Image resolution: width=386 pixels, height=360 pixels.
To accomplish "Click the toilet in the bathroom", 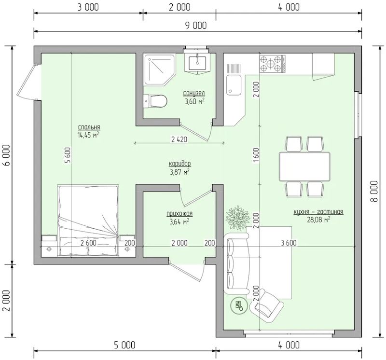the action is pyautogui.click(x=155, y=101).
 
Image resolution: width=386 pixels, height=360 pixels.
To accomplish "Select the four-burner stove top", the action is pyautogui.click(x=273, y=64).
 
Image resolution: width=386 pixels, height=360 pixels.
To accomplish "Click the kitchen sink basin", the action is pyautogui.click(x=234, y=85).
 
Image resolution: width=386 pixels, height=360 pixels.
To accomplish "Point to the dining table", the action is pyautogui.click(x=304, y=166).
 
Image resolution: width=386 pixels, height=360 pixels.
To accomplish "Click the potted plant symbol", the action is pyautogui.click(x=237, y=218).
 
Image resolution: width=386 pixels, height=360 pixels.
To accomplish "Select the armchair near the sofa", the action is pyautogui.click(x=267, y=305).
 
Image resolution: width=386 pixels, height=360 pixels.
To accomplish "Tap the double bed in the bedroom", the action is pyautogui.click(x=89, y=221).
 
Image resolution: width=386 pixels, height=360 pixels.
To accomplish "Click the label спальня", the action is pyautogui.click(x=89, y=127).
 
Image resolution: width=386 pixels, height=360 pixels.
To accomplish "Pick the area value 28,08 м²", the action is pyautogui.click(x=318, y=220).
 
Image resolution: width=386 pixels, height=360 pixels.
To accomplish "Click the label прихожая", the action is pyautogui.click(x=179, y=214).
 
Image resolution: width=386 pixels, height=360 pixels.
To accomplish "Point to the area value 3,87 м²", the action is pyautogui.click(x=179, y=172).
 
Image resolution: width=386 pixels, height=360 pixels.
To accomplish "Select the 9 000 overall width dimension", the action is pyautogui.click(x=196, y=26).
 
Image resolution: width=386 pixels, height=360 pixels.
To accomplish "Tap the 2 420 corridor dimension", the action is pyautogui.click(x=179, y=139).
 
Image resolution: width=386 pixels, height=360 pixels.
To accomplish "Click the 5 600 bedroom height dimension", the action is pyautogui.click(x=68, y=155).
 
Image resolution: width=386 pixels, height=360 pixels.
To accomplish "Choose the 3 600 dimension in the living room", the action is pyautogui.click(x=289, y=243).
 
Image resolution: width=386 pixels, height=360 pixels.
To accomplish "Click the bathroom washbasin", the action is pyautogui.click(x=197, y=63).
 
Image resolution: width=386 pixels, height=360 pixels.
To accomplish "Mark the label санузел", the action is pyautogui.click(x=194, y=93).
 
